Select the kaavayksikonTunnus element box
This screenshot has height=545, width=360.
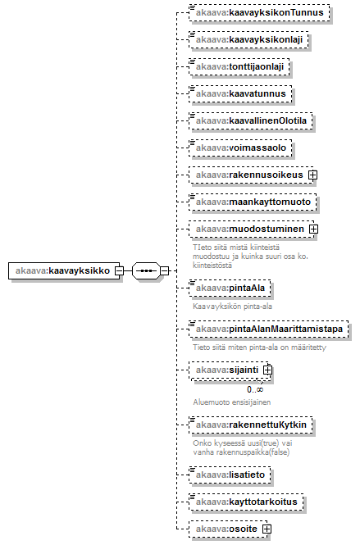pyautogui.click(x=259, y=13)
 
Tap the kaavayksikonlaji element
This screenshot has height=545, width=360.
pyautogui.click(x=248, y=39)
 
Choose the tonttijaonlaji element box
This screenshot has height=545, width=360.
pyautogui.click(x=239, y=66)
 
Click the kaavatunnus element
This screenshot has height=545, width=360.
pyautogui.click(x=240, y=94)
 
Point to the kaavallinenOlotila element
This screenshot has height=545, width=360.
pyautogui.click(x=250, y=121)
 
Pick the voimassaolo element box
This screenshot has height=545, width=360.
pyautogui.click(x=240, y=148)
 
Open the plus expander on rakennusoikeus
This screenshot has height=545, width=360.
pyautogui.click(x=312, y=175)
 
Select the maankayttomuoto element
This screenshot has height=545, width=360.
pyautogui.click(x=253, y=202)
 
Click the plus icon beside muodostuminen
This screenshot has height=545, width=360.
pyautogui.click(x=313, y=229)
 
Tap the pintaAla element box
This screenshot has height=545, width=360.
pyautogui.click(x=230, y=288)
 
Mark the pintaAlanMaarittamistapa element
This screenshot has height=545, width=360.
pyautogui.click(x=268, y=329)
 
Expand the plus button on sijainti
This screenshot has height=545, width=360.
pyautogui.click(x=267, y=370)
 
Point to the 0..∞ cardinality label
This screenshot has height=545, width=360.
pyautogui.click(x=255, y=389)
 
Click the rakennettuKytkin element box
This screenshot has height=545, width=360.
pyautogui.click(x=250, y=425)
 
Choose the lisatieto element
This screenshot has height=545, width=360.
pyautogui.click(x=230, y=475)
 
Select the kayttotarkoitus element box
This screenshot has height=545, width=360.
pyautogui.click(x=246, y=502)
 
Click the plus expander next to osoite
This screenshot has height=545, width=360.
pyautogui.click(x=267, y=529)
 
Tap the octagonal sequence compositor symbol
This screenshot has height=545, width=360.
pyautogui.click(x=146, y=270)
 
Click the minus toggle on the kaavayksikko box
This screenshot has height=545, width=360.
pyautogui.click(x=119, y=270)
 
